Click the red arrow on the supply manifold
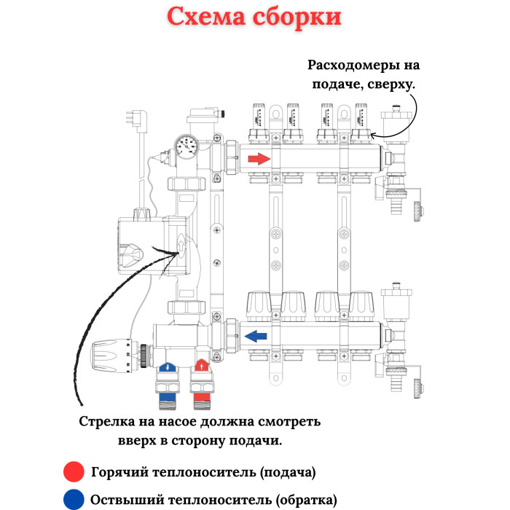coord(259,159)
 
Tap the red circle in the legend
coord(74,472)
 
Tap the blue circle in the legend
coord(74,501)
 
